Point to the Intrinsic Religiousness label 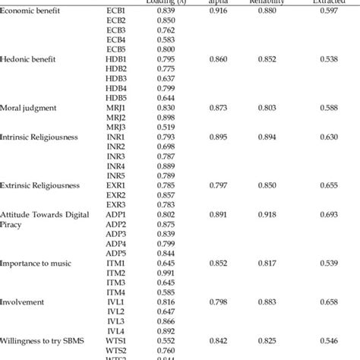pos(40,137)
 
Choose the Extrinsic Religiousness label pos(41,185)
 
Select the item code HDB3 pos(117,78)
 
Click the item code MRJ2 pos(116,118)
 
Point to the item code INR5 pos(116,176)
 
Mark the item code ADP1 pos(116,215)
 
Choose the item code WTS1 pos(116,341)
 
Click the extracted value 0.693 pos(328,215)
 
